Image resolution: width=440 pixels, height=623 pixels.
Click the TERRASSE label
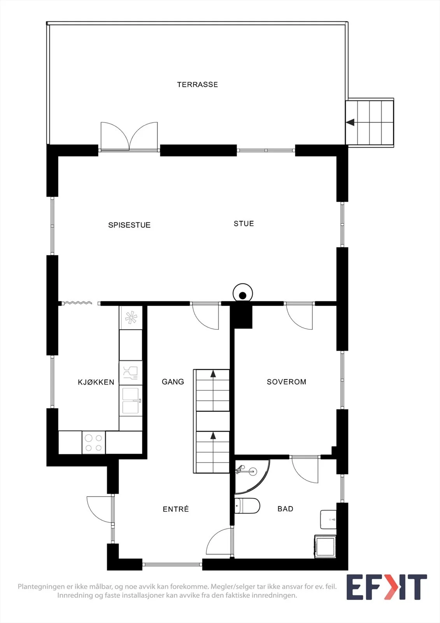pyautogui.click(x=197, y=84)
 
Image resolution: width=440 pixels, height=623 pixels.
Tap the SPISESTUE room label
pyautogui.click(x=129, y=225)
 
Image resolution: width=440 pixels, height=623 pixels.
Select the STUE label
pyautogui.click(x=244, y=224)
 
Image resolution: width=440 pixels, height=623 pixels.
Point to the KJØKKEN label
pyautogui.click(x=96, y=382)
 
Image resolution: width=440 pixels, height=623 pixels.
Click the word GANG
pyautogui.click(x=173, y=382)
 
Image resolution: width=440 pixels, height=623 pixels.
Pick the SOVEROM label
pyautogui.click(x=287, y=382)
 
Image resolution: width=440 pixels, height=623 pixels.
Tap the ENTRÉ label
pyautogui.click(x=176, y=509)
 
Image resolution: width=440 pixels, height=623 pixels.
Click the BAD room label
pyautogui.click(x=286, y=509)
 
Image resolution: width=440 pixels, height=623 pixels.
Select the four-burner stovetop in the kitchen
pyautogui.click(x=94, y=442)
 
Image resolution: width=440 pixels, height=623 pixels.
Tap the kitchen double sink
pyautogui.click(x=131, y=401)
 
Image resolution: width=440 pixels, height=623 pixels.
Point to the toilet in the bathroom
pyautogui.click(x=247, y=505)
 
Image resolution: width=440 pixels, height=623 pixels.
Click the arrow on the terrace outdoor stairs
pyautogui.click(x=350, y=122)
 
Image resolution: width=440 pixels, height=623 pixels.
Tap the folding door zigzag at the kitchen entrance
pyautogui.click(x=77, y=303)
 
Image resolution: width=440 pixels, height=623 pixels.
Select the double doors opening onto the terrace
pyautogui.click(x=129, y=137)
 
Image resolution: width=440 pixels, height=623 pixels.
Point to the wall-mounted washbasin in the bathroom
pyautogui.click(x=328, y=519)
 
